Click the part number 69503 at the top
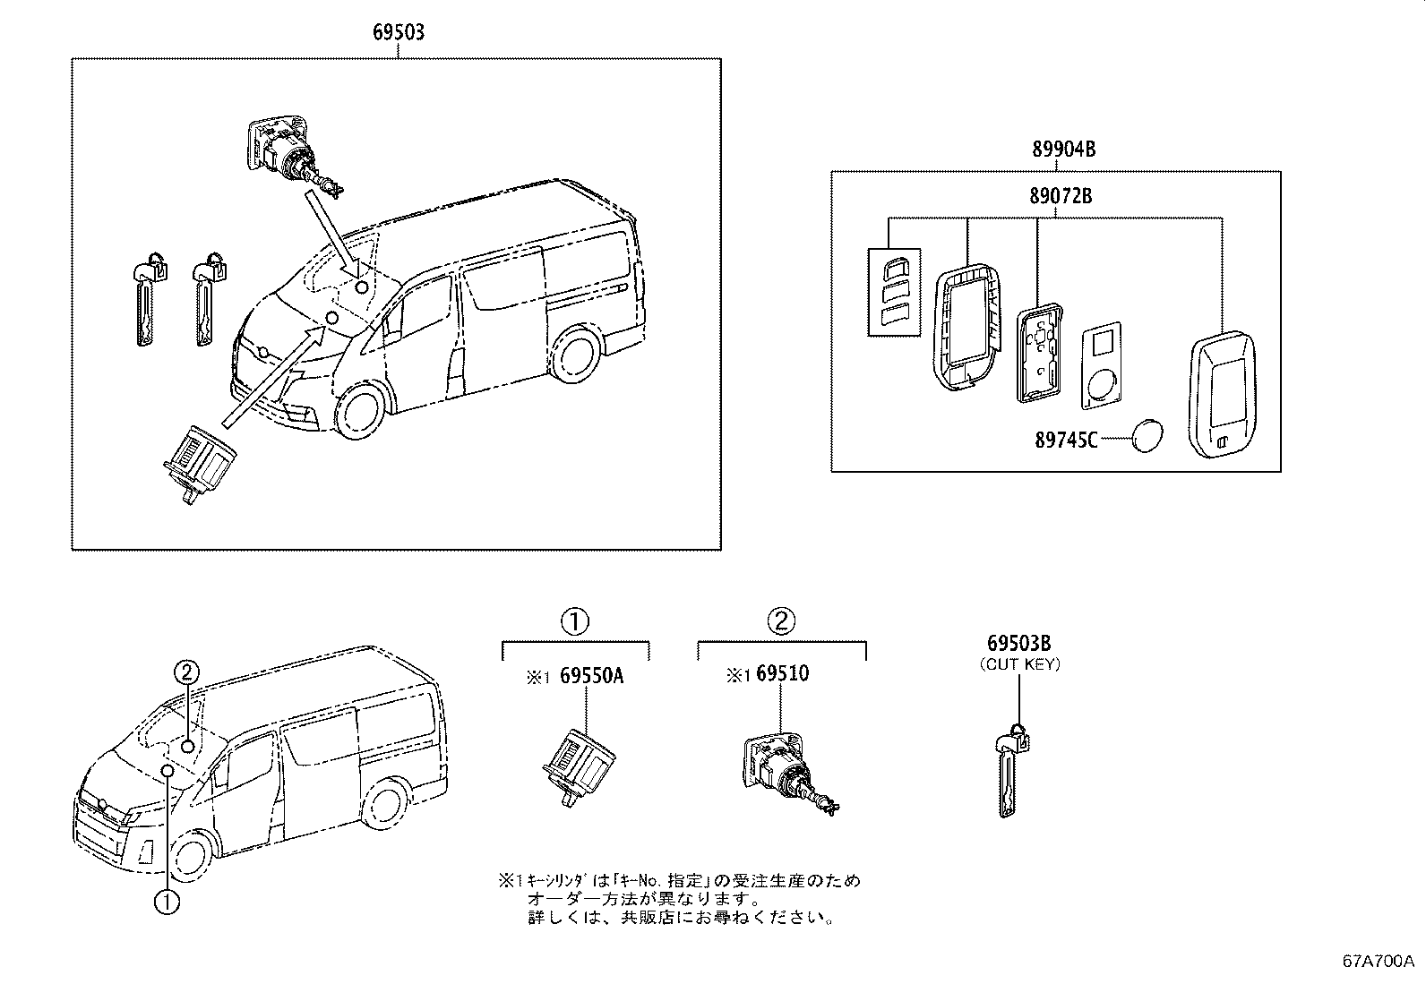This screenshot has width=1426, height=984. point(398,33)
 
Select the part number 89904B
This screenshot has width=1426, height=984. point(1063,150)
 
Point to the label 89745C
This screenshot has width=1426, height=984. point(1066,440)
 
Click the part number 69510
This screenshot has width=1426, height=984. point(781,674)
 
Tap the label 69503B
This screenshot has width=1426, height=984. point(1018,643)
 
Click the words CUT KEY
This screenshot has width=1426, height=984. point(1019,663)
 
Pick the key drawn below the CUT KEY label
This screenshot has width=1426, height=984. point(1010,770)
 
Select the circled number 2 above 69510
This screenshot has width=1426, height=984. point(781,620)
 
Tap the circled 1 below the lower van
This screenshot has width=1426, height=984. point(168,902)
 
